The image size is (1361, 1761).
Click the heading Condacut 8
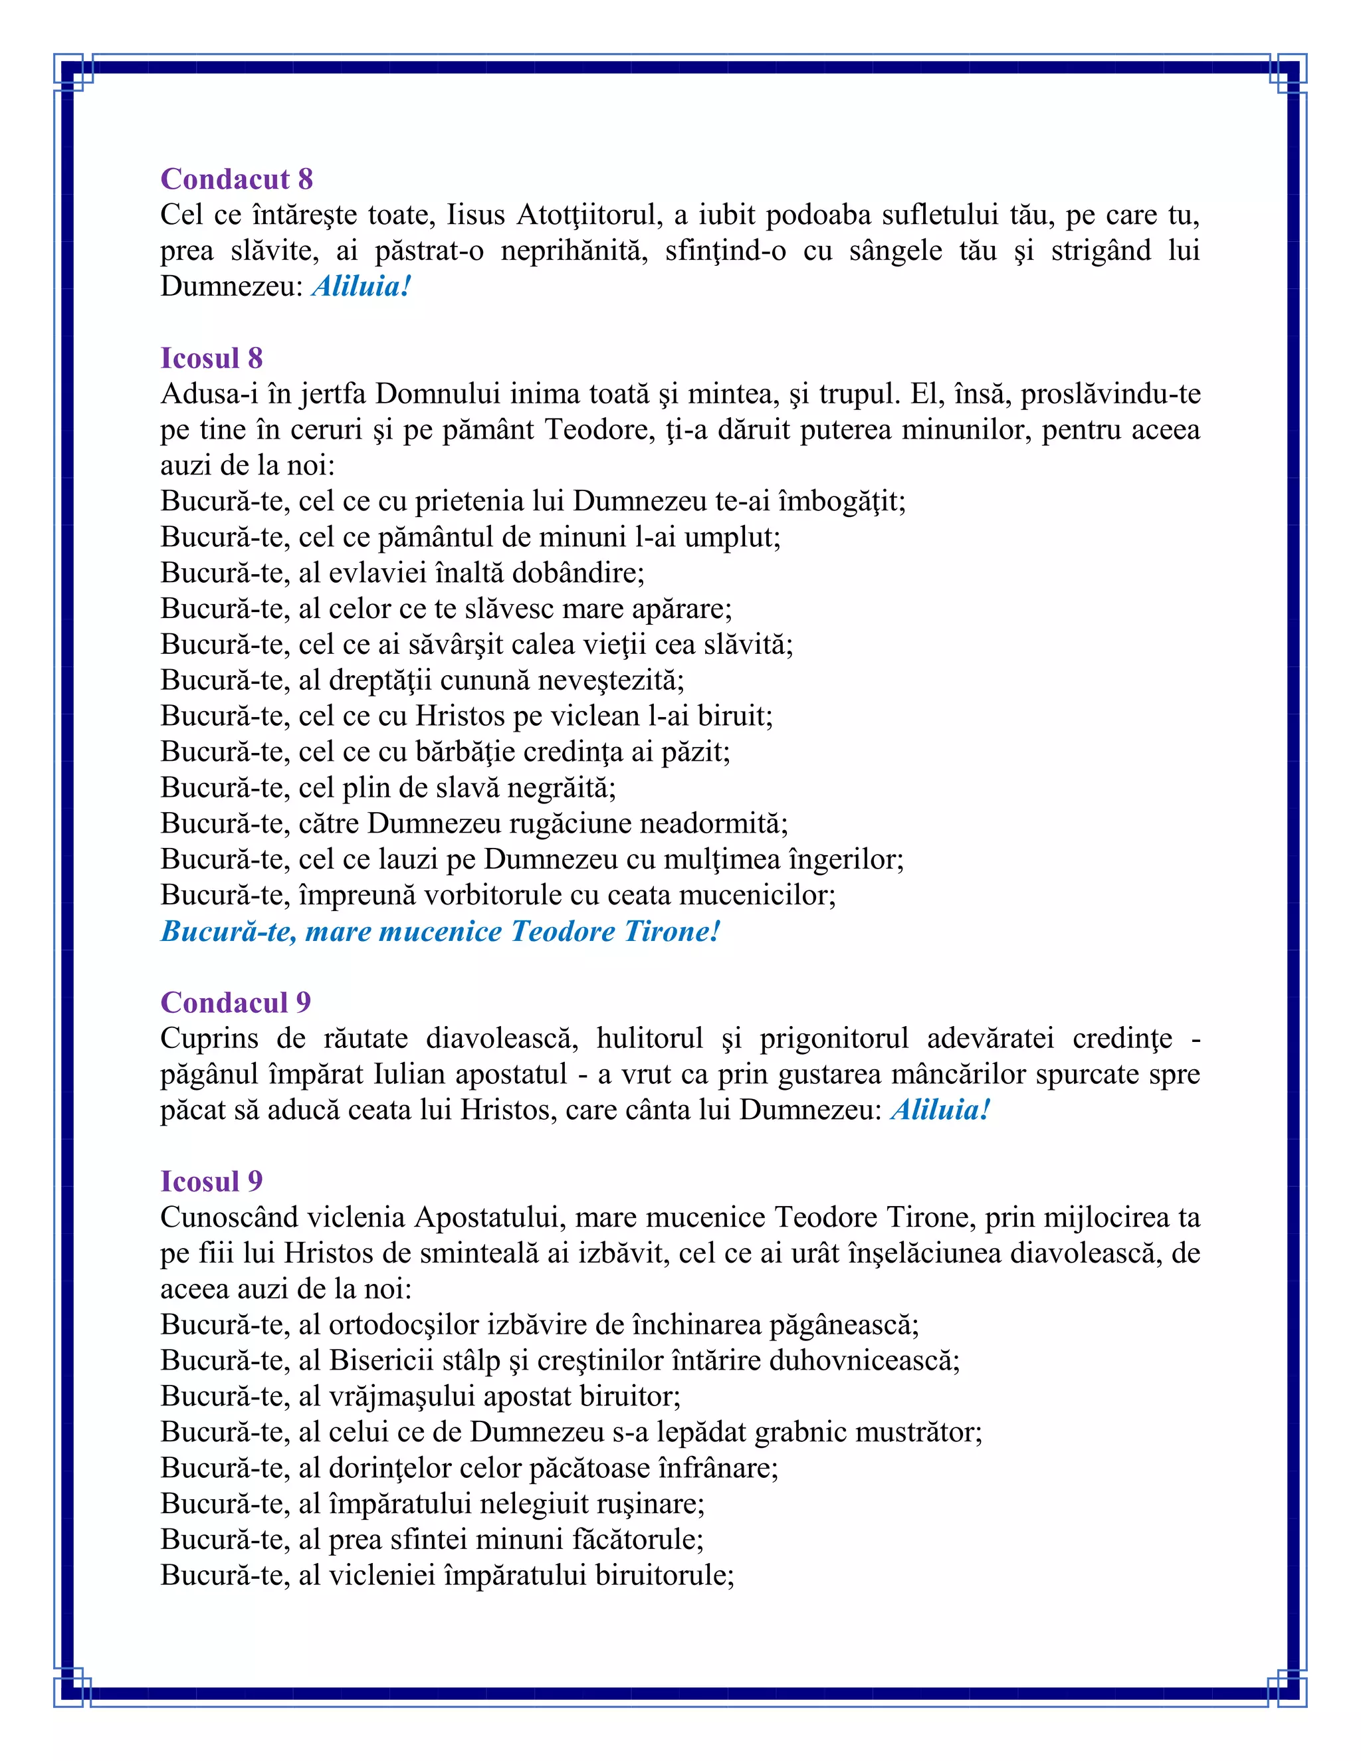236,179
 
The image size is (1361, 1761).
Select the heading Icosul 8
211,358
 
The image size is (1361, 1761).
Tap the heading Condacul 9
235,1002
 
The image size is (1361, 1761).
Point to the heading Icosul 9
211,1182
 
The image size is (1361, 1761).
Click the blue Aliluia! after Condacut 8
362,286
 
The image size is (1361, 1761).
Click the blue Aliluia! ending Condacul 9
939,1110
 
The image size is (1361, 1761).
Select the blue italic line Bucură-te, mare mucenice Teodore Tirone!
439,931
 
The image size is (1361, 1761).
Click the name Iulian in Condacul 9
409,1075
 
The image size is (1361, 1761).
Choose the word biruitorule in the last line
664,1575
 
